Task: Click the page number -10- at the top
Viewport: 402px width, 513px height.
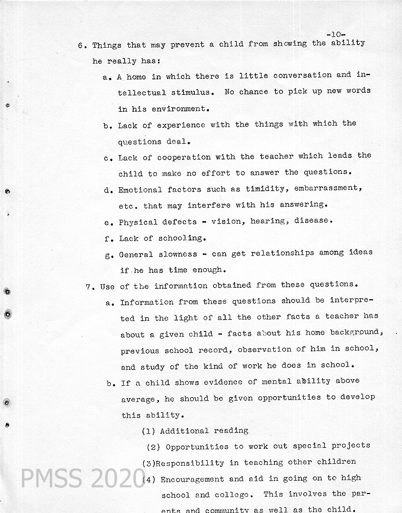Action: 336,34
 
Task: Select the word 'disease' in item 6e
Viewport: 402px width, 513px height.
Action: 312,221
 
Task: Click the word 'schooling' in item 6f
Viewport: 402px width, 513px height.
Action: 180,238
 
